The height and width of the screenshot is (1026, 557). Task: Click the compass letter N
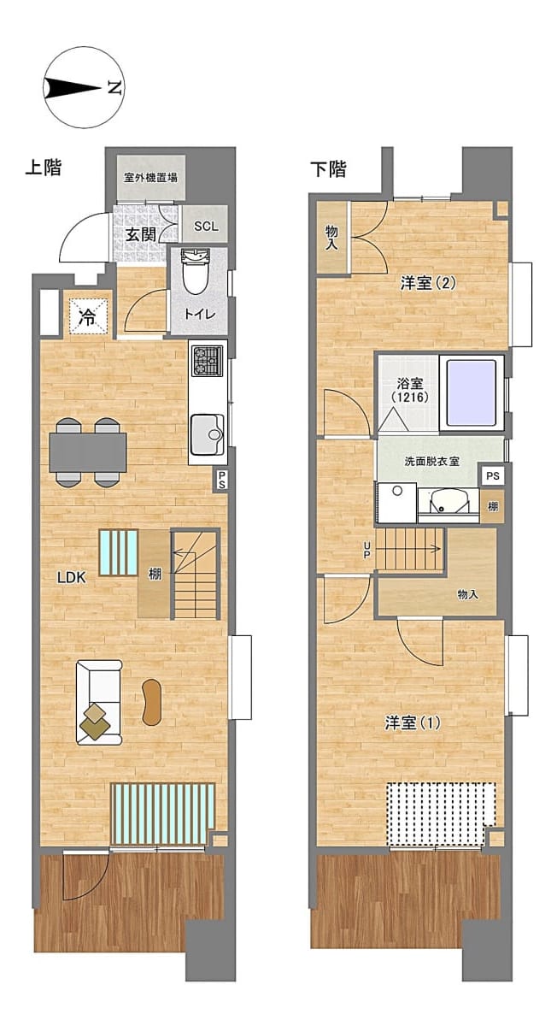(x=114, y=87)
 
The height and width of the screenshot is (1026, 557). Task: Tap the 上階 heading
(x=44, y=168)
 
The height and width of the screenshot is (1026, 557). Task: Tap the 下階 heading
(x=329, y=169)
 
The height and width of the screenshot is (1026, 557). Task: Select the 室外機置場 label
(x=150, y=178)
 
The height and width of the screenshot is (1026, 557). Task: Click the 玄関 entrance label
(x=142, y=234)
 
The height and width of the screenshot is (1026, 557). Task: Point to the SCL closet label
(x=207, y=227)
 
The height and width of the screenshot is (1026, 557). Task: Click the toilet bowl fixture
(x=196, y=272)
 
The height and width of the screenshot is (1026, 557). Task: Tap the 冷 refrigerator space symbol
(x=87, y=316)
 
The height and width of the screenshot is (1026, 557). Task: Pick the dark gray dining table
(x=88, y=451)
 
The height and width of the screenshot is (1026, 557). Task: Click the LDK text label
(x=72, y=577)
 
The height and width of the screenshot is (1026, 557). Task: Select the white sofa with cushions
(x=99, y=702)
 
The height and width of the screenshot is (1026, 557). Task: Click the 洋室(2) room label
(x=428, y=284)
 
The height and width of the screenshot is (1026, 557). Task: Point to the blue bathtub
(x=472, y=392)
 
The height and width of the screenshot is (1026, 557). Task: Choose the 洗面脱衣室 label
(x=432, y=462)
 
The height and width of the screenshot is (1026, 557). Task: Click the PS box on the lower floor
(x=493, y=476)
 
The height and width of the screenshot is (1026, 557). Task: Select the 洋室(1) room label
(x=413, y=723)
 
